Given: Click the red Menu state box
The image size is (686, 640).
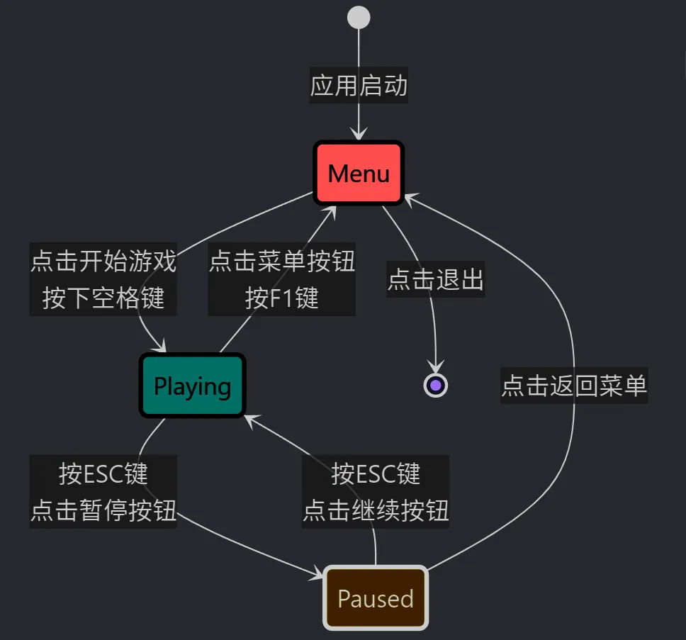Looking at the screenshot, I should pos(359,173).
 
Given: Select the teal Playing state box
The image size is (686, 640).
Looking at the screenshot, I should pos(192,386).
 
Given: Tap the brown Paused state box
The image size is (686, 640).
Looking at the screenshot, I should pos(376,598).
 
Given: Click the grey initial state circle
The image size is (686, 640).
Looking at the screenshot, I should pos(359,17).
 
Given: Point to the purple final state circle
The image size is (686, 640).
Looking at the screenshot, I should pos(436,385).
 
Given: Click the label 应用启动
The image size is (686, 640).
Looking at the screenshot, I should pos(359,86).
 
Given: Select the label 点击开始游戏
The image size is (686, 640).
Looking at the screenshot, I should pos(103,262).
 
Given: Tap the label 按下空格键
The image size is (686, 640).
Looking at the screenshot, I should pos(103,298).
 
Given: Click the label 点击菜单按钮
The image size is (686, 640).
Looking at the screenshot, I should pos(281,262).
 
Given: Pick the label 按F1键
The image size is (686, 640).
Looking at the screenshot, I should pos(281,298).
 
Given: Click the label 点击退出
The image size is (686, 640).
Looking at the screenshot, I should pos(435,280).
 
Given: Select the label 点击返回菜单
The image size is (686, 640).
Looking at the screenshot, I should pos(574,386).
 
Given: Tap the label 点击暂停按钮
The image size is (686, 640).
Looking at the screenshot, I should pos(103,510).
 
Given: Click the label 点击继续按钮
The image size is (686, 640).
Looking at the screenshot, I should pos(376,510).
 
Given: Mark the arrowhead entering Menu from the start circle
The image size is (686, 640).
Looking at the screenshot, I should pos(359,135).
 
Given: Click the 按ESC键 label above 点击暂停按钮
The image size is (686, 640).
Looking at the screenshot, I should pos(103,473).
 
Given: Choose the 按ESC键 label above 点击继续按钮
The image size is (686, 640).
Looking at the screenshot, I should pos(376,473).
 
